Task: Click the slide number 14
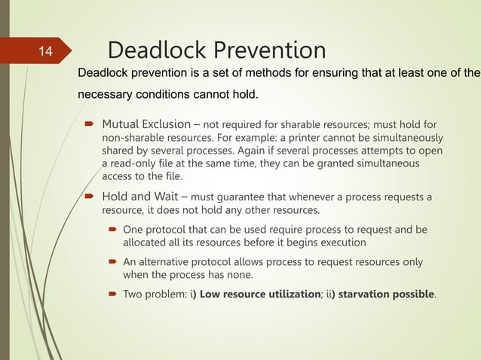click(45, 52)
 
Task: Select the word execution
click(342, 243)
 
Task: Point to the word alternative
click(165, 262)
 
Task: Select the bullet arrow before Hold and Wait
click(89, 198)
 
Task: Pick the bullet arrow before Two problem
click(111, 293)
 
